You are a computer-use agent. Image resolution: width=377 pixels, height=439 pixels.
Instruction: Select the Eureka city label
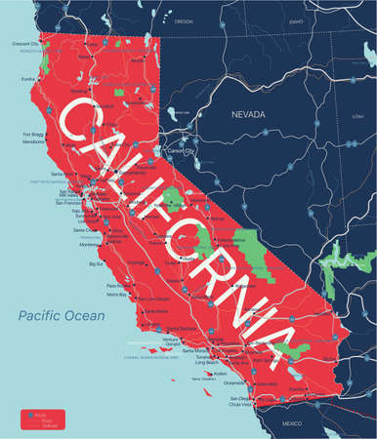coord(27,79)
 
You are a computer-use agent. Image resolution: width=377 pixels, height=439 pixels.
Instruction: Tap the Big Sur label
coord(96,263)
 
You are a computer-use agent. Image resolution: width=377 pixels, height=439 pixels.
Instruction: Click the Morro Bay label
coord(118,294)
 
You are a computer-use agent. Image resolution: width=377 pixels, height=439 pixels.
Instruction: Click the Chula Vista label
coord(241,406)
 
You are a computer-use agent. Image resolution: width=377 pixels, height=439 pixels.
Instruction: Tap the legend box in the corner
coord(39,417)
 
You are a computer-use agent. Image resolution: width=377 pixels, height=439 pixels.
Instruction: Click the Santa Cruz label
coord(82,231)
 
